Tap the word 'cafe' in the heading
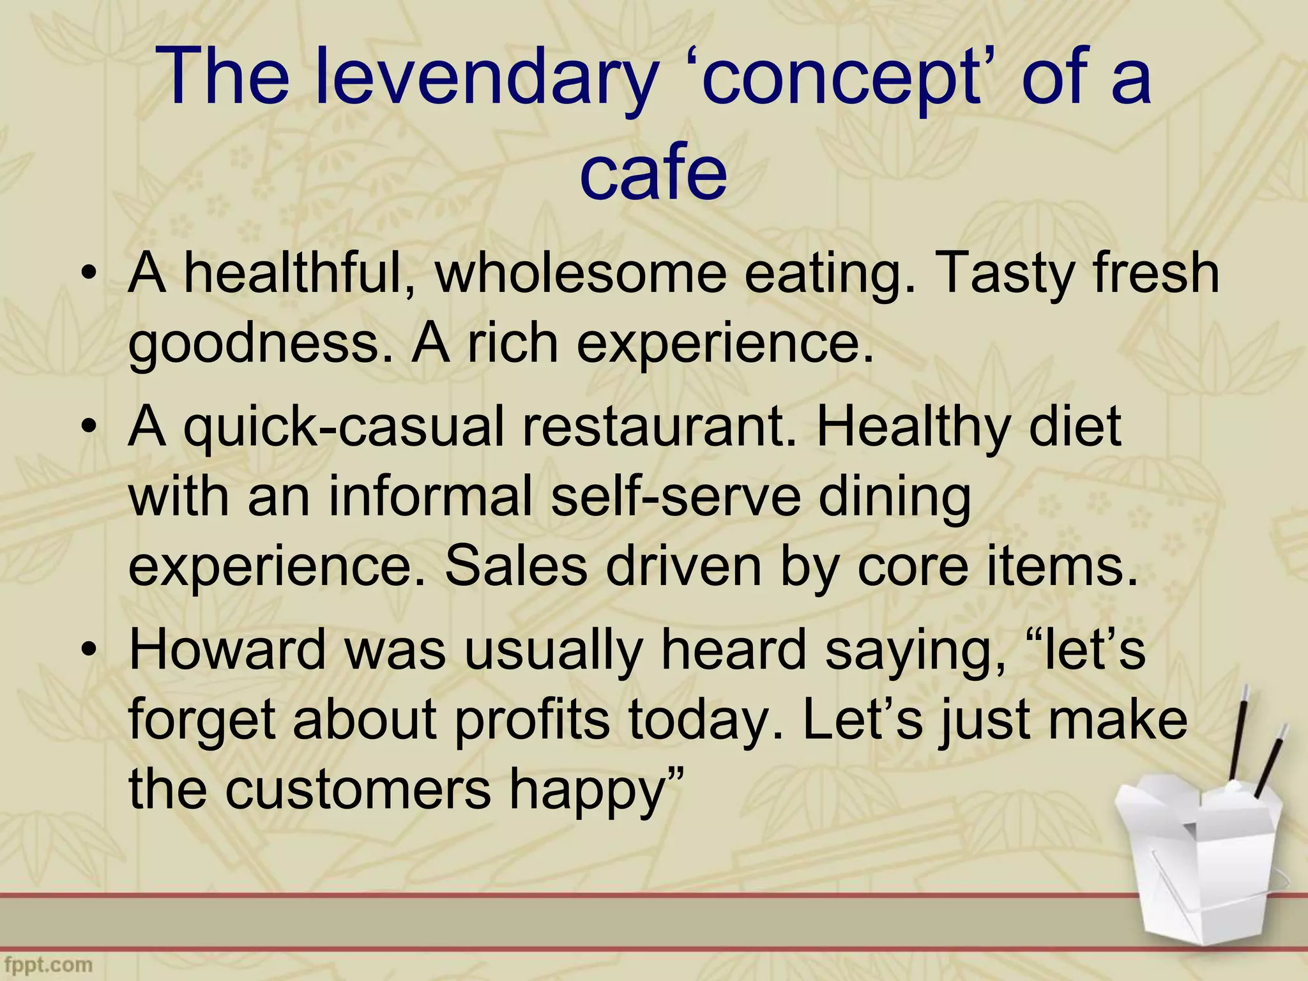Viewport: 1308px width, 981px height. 653,171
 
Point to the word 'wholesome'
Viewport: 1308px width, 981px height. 580,275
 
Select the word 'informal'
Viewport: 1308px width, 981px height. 429,498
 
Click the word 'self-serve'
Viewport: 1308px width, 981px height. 676,498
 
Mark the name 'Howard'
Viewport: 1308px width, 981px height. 227,651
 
